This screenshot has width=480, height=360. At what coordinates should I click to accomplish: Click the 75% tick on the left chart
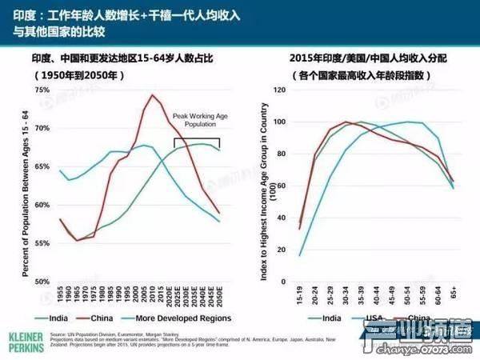[x=42, y=90]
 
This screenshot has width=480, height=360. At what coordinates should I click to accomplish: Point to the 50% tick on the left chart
[x=42, y=281]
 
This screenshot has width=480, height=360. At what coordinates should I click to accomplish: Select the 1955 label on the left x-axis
[x=62, y=293]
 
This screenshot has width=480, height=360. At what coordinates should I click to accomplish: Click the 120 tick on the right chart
[x=279, y=90]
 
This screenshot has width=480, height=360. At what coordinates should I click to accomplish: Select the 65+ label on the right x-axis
[x=453, y=293]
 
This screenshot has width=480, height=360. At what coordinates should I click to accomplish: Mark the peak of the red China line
[x=153, y=95]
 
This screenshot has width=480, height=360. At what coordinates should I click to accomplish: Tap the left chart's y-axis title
[x=16, y=184]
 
